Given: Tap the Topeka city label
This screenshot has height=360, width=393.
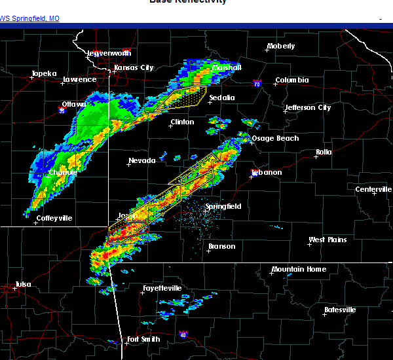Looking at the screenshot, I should (44, 74).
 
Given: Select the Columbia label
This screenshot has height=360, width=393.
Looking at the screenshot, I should (291, 81).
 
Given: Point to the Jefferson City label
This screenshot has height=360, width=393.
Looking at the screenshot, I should (308, 107).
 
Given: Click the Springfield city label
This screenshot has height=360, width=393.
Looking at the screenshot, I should (223, 206).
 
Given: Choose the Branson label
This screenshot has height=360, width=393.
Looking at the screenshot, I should (221, 247).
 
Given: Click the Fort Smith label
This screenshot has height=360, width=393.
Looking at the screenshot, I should (142, 339).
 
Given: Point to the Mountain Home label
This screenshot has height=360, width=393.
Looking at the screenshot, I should (299, 270).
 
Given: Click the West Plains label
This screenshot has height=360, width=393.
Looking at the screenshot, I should (327, 240).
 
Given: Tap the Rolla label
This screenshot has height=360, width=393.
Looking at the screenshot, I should (324, 152).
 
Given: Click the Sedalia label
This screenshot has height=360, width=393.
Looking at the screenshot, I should (221, 98).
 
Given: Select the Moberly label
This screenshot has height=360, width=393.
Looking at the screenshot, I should (280, 46).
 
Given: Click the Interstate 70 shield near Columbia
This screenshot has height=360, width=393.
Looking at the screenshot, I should (257, 83).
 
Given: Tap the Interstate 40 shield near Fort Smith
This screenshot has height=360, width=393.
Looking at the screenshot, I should (183, 335).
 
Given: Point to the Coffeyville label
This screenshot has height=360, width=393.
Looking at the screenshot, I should (54, 218).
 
